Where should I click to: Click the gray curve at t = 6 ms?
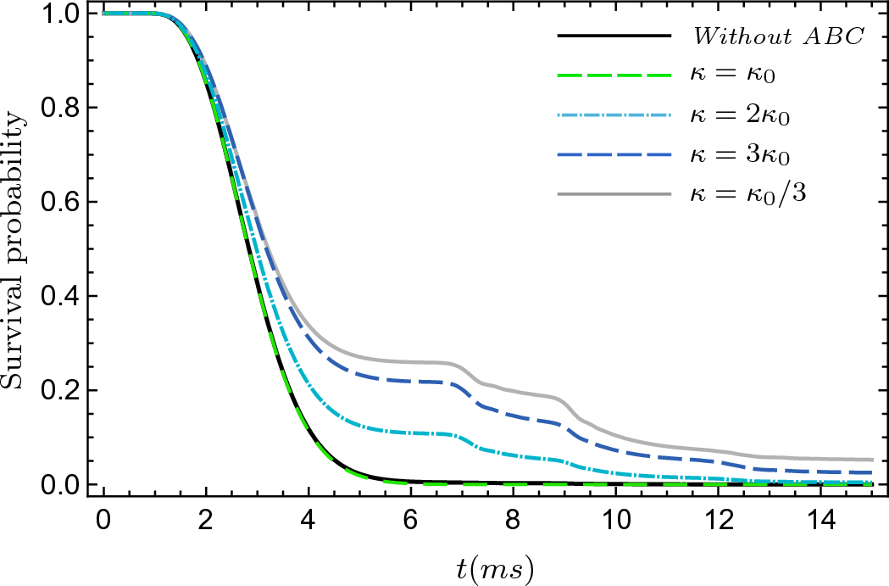pos(411,362)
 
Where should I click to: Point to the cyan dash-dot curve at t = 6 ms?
pos(411,433)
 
